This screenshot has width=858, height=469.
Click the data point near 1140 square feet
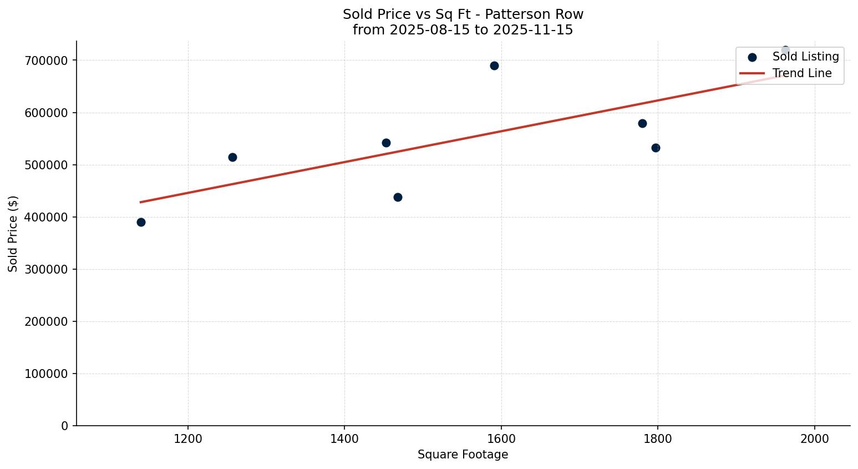pos(141,222)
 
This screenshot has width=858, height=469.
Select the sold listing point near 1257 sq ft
pos(232,157)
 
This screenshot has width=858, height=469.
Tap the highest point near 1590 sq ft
pos(494,65)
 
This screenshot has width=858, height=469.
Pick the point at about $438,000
pos(398,197)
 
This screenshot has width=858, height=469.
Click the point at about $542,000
pos(386,143)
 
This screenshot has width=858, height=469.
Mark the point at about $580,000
pos(642,123)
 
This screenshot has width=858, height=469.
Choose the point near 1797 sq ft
pos(656,148)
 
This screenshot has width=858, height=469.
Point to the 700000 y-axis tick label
pos(47,60)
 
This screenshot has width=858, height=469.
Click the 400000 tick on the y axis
pos(47,217)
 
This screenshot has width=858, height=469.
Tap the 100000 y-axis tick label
pos(47,374)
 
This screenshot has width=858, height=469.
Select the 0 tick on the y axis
pos(65,426)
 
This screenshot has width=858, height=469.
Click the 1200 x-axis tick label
pos(188,439)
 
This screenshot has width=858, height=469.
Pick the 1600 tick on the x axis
pos(501,439)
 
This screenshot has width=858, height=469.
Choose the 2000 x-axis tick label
pos(814,439)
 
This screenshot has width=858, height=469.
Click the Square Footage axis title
pos(463,455)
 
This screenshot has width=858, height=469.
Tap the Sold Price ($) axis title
pos(13,234)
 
